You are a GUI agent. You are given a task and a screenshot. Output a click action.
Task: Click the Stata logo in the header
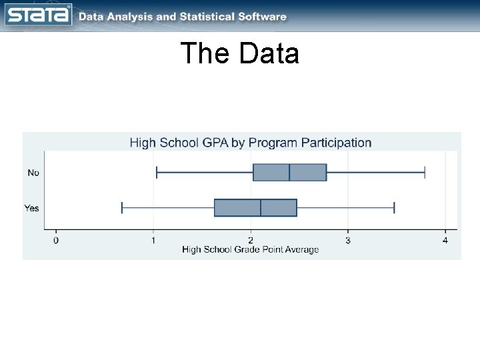point(38,15)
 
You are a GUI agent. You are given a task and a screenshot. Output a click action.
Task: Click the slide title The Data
point(239,54)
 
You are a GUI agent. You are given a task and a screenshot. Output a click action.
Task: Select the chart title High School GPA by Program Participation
point(250,143)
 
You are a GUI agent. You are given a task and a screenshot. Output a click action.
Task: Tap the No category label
point(33,173)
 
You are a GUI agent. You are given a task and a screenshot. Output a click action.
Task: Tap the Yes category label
point(32,208)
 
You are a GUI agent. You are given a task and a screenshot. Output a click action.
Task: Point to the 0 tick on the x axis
point(56,240)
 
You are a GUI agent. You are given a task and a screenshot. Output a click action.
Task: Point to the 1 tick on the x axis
point(153,240)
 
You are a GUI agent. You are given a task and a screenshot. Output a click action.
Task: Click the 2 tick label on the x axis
point(251,240)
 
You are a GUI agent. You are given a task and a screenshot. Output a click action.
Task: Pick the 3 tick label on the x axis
point(348,240)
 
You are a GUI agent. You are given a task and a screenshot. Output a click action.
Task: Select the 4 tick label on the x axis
point(445,240)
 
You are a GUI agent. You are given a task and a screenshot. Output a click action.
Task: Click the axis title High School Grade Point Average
point(251,250)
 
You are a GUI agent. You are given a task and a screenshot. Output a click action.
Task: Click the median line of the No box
point(289,172)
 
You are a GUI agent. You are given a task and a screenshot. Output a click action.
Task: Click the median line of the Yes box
point(261,207)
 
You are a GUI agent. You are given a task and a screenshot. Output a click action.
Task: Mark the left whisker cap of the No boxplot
point(156,172)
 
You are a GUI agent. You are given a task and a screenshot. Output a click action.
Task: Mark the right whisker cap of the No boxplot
point(425,172)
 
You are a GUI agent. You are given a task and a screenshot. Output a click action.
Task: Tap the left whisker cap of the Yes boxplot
point(122,207)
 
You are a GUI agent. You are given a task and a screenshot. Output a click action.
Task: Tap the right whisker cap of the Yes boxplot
point(394,207)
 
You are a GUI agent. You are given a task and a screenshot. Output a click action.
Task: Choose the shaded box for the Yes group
point(237,207)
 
